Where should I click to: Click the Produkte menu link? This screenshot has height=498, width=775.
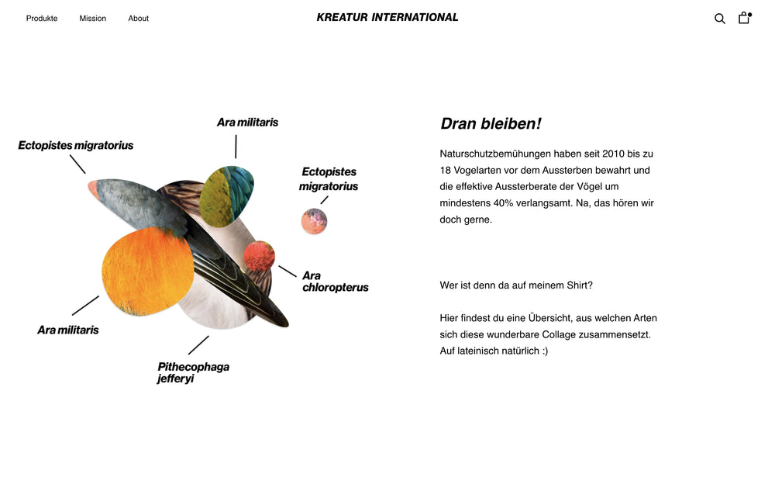[42, 19]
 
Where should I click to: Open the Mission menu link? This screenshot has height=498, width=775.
[93, 19]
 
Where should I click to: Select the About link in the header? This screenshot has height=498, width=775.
[139, 19]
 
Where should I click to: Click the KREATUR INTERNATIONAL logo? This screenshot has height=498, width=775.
[387, 17]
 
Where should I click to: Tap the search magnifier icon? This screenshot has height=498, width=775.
[720, 19]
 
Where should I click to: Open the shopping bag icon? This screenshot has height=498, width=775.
[744, 18]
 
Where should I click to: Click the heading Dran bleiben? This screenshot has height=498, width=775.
[491, 124]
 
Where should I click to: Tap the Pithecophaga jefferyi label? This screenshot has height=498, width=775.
[193, 372]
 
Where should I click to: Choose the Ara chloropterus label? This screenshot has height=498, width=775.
[335, 282]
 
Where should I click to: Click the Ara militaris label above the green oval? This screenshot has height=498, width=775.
[247, 123]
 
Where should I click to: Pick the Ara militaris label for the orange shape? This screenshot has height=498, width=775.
[68, 330]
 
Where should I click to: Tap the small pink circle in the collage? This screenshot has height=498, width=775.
[314, 221]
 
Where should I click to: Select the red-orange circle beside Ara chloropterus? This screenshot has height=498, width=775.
[260, 256]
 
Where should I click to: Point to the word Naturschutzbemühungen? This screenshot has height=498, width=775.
[504, 154]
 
